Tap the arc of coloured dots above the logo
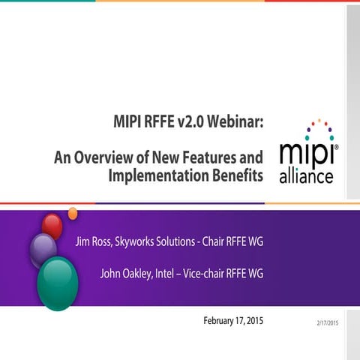pos(319,124)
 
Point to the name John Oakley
pos(127,273)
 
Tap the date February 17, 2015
pos(233,321)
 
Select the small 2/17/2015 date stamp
pos(326,322)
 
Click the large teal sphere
pos(57,283)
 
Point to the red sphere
pos(52,225)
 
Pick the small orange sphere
pos(73,214)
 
